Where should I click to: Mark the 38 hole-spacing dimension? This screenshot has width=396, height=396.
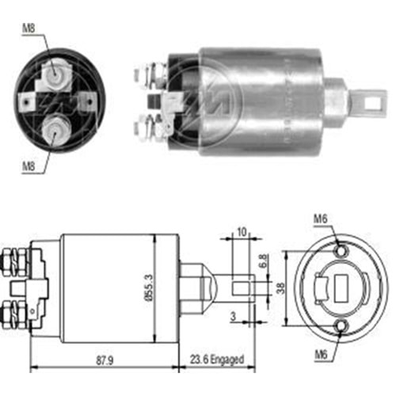(280, 288)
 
